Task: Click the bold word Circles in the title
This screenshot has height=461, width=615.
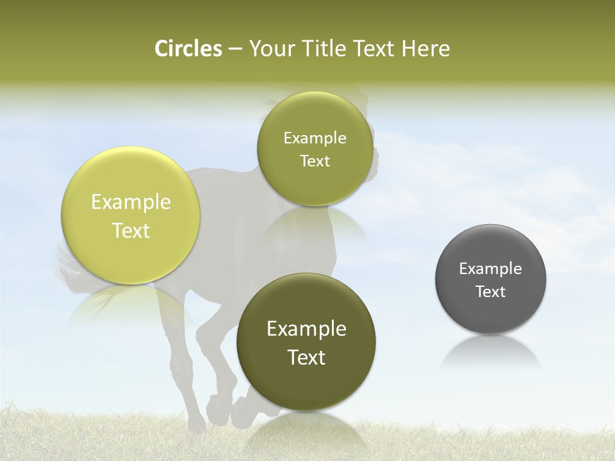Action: [x=188, y=49]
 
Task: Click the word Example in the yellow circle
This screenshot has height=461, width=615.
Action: [x=131, y=202]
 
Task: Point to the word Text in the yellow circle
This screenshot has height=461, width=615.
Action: [x=131, y=230]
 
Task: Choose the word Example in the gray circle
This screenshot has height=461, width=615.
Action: [x=491, y=269]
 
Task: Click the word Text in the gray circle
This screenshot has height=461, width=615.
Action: [x=491, y=292]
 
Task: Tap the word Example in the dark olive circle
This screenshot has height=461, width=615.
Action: [x=306, y=329]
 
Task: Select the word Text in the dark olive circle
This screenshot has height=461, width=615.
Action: [x=306, y=357]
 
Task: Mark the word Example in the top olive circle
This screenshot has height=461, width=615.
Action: [x=315, y=138]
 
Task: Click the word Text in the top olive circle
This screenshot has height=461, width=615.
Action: [x=315, y=161]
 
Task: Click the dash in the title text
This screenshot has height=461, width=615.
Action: [x=235, y=49]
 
